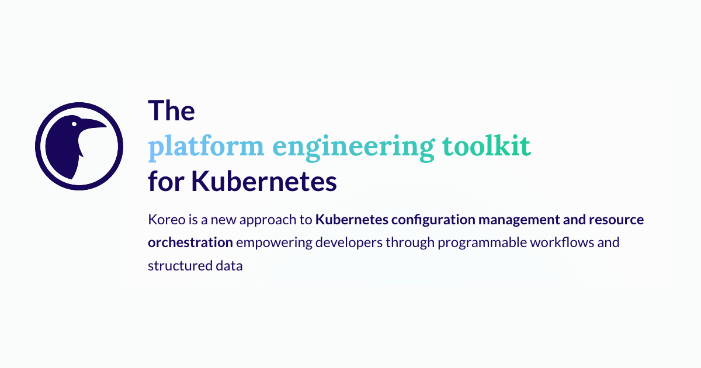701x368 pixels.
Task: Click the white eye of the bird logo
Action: [74, 123]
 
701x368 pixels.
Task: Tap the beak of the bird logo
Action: [96, 124]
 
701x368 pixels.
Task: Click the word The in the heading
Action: [171, 110]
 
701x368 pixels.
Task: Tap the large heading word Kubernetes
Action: [265, 182]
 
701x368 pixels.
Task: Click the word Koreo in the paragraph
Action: [164, 220]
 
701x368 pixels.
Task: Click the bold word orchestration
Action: [190, 242]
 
